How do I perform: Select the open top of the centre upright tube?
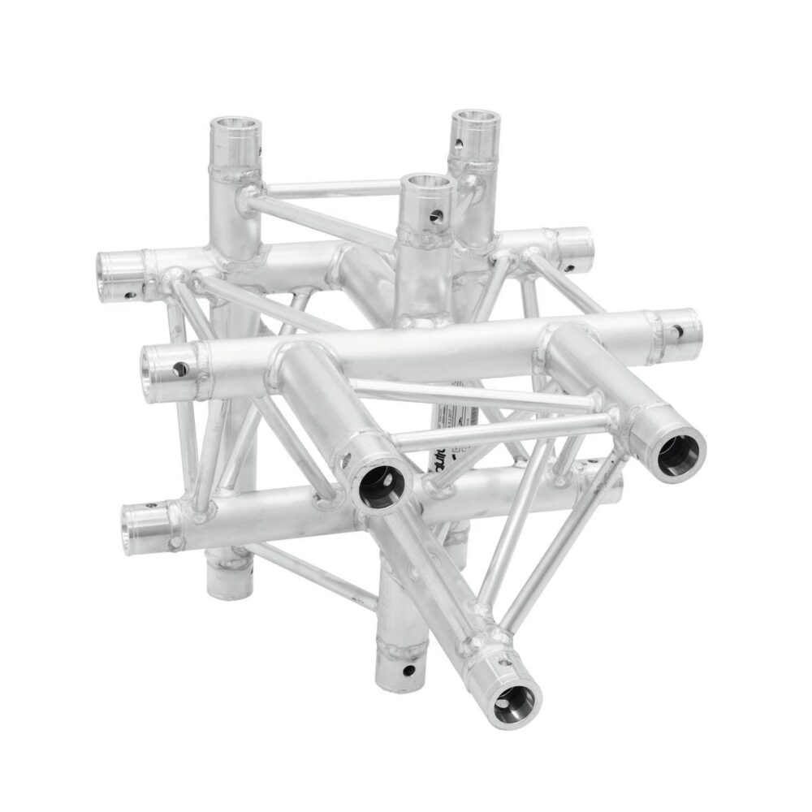[x=428, y=184]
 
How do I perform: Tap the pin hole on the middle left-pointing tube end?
[x=179, y=369]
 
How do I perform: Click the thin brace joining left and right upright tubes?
[x=325, y=188]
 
